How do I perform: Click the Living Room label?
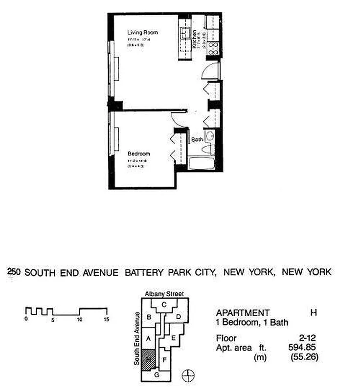(x=143, y=32)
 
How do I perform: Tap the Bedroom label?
(x=139, y=153)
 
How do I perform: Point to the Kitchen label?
(x=194, y=38)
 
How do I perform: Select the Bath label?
(x=197, y=139)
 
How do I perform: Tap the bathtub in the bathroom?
(x=202, y=163)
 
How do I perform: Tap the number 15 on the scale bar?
(x=106, y=319)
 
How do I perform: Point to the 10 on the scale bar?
(x=79, y=319)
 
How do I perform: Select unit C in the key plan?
(x=164, y=305)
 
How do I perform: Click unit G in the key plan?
(x=156, y=375)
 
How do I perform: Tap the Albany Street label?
(x=164, y=294)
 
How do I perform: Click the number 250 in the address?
(x=13, y=272)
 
